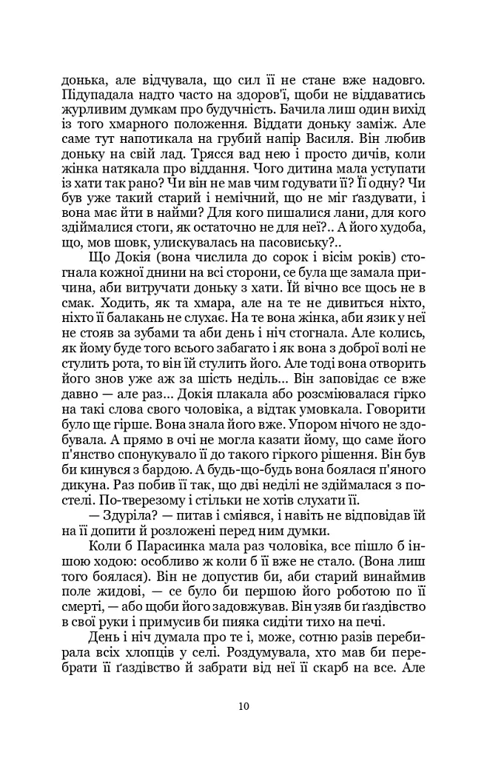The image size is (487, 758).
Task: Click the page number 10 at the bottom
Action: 243,705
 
